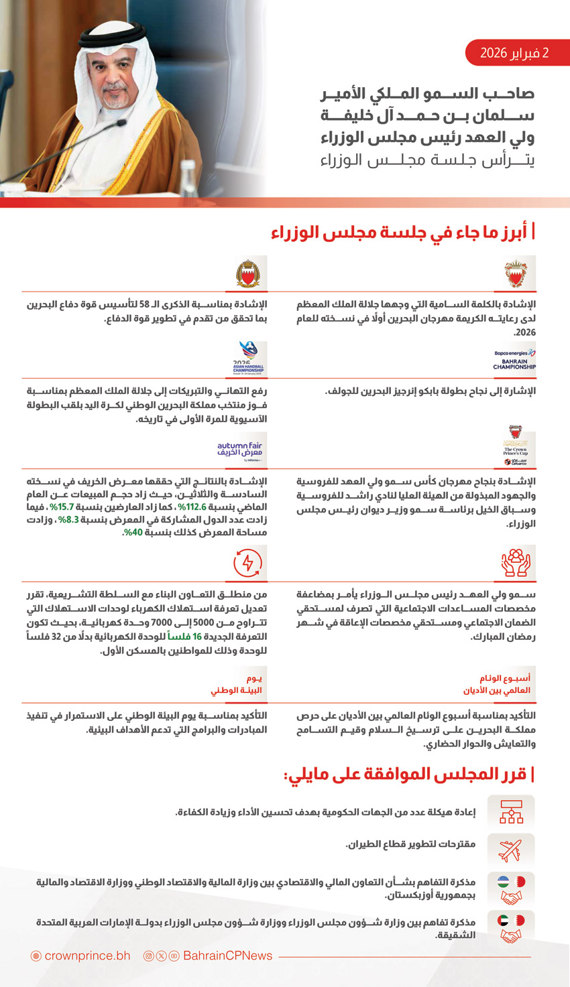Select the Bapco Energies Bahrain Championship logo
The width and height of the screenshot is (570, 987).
tap(515, 360)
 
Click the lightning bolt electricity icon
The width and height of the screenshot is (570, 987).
tap(248, 563)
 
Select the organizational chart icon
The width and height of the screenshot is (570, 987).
tap(511, 812)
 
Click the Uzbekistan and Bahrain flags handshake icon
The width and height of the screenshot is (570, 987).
tap(511, 889)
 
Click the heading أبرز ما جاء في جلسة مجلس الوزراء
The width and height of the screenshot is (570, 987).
tap(402, 233)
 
